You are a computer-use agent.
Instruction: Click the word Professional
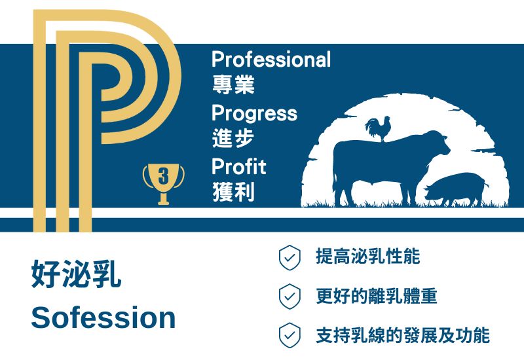click(x=271, y=60)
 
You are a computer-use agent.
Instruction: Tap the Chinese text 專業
click(x=234, y=84)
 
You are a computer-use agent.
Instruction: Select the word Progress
click(x=254, y=114)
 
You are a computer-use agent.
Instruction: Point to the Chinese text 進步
click(x=233, y=138)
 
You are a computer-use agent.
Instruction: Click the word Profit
click(x=239, y=166)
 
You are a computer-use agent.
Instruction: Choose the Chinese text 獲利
click(x=234, y=192)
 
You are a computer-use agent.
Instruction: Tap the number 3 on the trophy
click(x=163, y=176)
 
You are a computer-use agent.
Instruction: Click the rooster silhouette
click(x=379, y=128)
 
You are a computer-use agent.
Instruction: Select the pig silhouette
click(x=455, y=189)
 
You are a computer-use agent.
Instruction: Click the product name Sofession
click(x=103, y=317)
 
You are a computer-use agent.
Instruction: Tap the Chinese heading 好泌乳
click(x=76, y=274)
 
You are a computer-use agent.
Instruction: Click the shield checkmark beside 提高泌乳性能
click(x=290, y=257)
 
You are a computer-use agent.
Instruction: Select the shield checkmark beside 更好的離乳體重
click(x=290, y=297)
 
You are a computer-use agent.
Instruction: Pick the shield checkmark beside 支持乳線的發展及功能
click(x=290, y=335)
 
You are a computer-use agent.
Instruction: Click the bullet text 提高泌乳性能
click(x=368, y=257)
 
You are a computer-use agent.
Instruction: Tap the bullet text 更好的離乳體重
click(x=377, y=297)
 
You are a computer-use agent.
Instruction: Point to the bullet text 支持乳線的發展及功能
click(x=403, y=335)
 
